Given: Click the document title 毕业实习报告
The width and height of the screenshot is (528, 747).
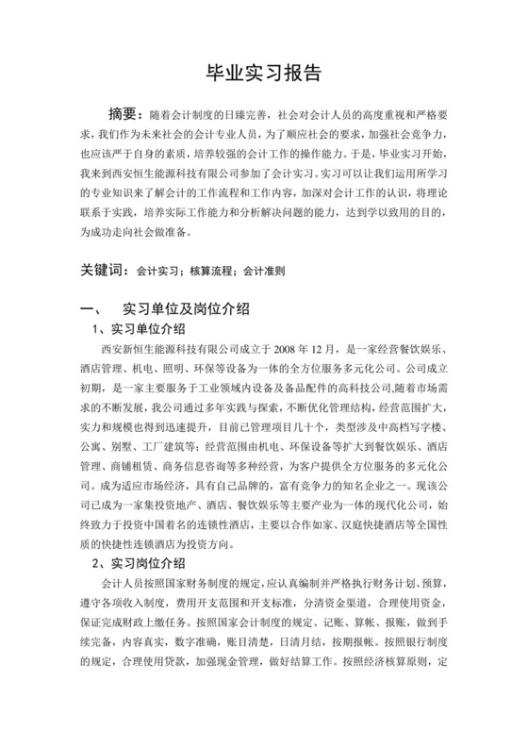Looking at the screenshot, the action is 263,74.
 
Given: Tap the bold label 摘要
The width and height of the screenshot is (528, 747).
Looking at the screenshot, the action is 127,115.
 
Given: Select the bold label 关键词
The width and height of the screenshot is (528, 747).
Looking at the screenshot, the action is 101,271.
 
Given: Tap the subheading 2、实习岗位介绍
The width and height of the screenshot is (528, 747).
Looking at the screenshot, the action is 137,564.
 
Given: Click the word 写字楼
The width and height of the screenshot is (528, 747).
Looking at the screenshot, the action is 443,421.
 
